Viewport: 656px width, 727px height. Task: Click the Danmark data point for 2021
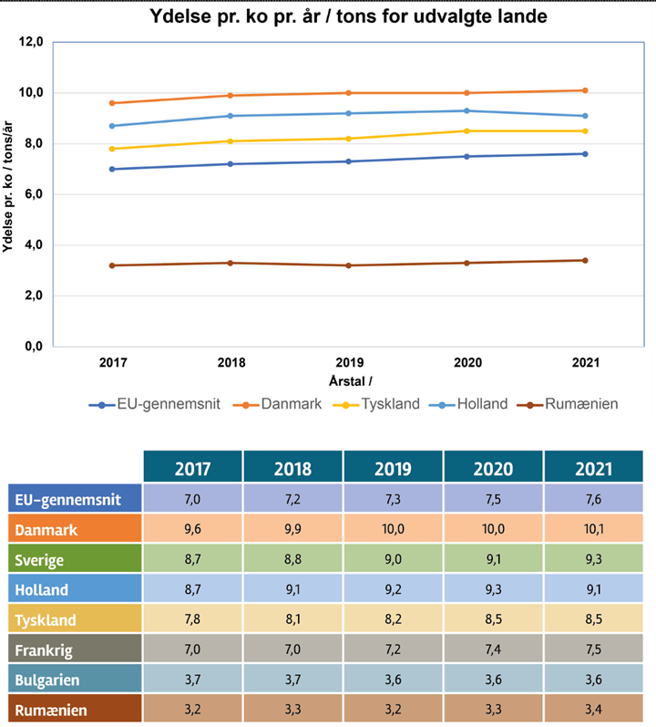(x=585, y=90)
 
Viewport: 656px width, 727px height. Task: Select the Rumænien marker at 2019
(x=349, y=265)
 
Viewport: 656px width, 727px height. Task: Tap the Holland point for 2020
(x=466, y=110)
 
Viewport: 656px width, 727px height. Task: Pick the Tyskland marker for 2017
(x=112, y=149)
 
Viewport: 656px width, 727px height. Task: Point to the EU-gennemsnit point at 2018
(x=231, y=164)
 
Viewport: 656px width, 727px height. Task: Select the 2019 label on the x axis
(x=349, y=362)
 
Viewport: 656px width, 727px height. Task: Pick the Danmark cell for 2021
(x=593, y=529)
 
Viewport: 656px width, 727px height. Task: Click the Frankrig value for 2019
(x=393, y=649)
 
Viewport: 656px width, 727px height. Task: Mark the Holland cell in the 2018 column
(x=292, y=589)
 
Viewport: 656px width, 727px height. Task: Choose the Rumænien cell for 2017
(x=192, y=710)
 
